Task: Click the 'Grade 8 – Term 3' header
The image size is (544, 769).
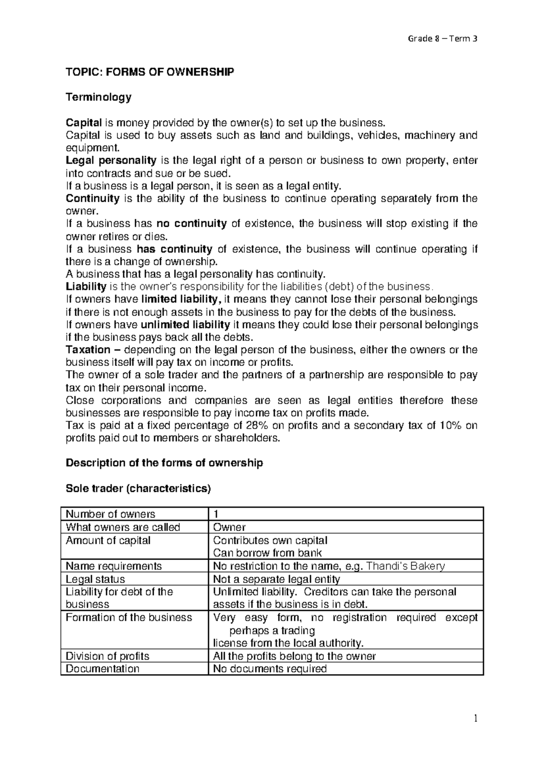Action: pos(442,39)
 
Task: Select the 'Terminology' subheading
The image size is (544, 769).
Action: pos(98,97)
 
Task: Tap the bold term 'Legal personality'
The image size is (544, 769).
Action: pos(111,161)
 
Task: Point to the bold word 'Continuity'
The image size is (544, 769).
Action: pos(92,199)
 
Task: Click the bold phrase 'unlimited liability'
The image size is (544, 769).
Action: pos(185,325)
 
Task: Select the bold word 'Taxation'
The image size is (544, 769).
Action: pos(88,350)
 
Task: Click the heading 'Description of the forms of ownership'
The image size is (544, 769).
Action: pos(164,463)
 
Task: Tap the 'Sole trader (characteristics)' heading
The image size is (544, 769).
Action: pos(138,489)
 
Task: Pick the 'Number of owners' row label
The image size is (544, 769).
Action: pos(110,514)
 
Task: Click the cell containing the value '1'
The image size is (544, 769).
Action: pos(216,514)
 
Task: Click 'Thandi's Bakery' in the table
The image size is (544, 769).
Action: pos(405,566)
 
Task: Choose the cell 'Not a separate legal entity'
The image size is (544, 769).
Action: pos(276,579)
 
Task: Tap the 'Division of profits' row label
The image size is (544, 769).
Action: pos(107,656)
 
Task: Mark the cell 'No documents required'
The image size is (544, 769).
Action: pos(269,669)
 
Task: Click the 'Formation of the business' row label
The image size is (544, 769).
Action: pos(129,618)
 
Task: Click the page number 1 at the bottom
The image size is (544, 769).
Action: pos(476,718)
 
